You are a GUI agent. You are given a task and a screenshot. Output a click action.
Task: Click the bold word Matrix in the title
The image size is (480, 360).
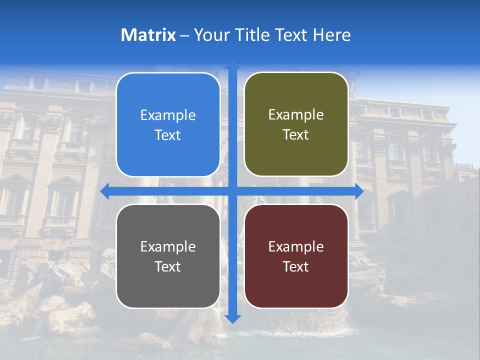click(148, 35)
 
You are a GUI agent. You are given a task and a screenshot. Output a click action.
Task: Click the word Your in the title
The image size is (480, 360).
click(210, 35)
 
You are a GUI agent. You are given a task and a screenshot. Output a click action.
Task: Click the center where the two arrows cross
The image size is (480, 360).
click(232, 191)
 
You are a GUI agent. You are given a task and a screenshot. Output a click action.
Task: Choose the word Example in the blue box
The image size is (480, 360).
click(168, 115)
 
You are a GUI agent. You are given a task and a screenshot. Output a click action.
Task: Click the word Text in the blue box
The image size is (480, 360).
click(168, 135)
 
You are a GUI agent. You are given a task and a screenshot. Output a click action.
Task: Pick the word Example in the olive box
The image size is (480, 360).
click(296, 115)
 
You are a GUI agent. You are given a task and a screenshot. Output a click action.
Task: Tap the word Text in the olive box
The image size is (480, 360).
click(296, 135)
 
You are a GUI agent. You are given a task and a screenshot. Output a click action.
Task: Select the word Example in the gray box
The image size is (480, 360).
click(168, 246)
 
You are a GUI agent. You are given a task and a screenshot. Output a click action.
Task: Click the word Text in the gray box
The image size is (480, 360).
click(168, 266)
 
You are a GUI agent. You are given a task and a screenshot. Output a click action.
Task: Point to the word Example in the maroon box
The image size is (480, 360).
click(296, 246)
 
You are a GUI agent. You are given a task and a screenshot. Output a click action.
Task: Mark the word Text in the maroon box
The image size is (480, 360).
click(296, 266)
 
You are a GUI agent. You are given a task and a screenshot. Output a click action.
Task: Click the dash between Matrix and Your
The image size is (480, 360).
click(184, 35)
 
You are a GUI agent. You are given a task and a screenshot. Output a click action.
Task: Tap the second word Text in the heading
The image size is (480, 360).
click(290, 35)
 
